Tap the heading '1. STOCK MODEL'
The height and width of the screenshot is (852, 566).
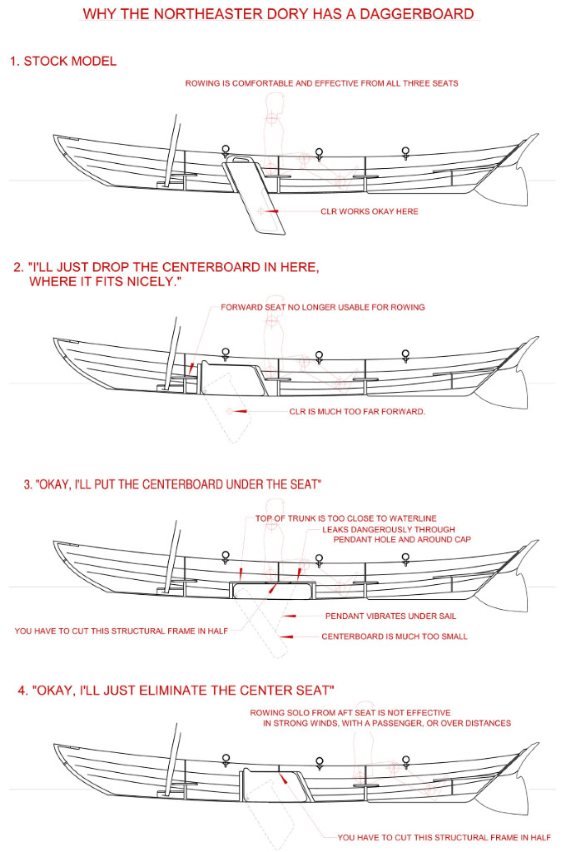pyautogui.click(x=63, y=62)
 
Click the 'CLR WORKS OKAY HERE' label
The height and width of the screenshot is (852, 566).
pyautogui.click(x=370, y=211)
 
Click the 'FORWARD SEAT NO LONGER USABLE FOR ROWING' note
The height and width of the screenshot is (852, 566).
pyautogui.click(x=323, y=307)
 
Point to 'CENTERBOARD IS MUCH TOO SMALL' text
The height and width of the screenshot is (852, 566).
pyautogui.click(x=395, y=637)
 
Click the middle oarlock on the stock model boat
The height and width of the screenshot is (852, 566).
pyautogui.click(x=315, y=153)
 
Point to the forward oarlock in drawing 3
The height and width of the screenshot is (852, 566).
pyautogui.click(x=225, y=556)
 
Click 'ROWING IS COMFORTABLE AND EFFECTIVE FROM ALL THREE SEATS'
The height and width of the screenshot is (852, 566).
pyautogui.click(x=321, y=83)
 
